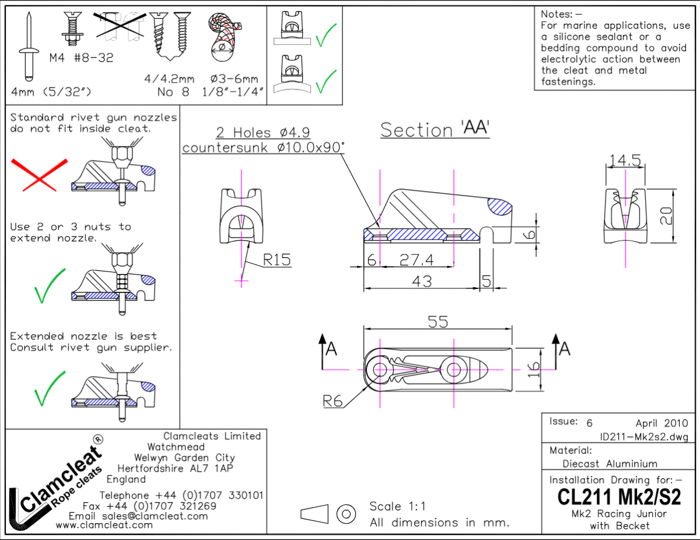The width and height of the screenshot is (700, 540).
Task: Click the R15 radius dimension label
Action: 276,260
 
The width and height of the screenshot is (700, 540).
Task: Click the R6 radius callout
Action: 333,400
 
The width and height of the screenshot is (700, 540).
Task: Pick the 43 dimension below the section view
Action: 421,281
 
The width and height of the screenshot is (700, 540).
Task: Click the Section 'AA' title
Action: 435,130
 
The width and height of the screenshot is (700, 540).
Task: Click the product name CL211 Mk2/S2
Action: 619,497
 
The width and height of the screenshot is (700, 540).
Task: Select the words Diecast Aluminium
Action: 610,464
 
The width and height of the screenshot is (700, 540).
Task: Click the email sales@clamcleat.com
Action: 138,516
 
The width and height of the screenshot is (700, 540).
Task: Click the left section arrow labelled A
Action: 327,349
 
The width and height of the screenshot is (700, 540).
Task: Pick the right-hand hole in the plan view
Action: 453,369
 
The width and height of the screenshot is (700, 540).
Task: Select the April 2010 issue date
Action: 661,423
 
